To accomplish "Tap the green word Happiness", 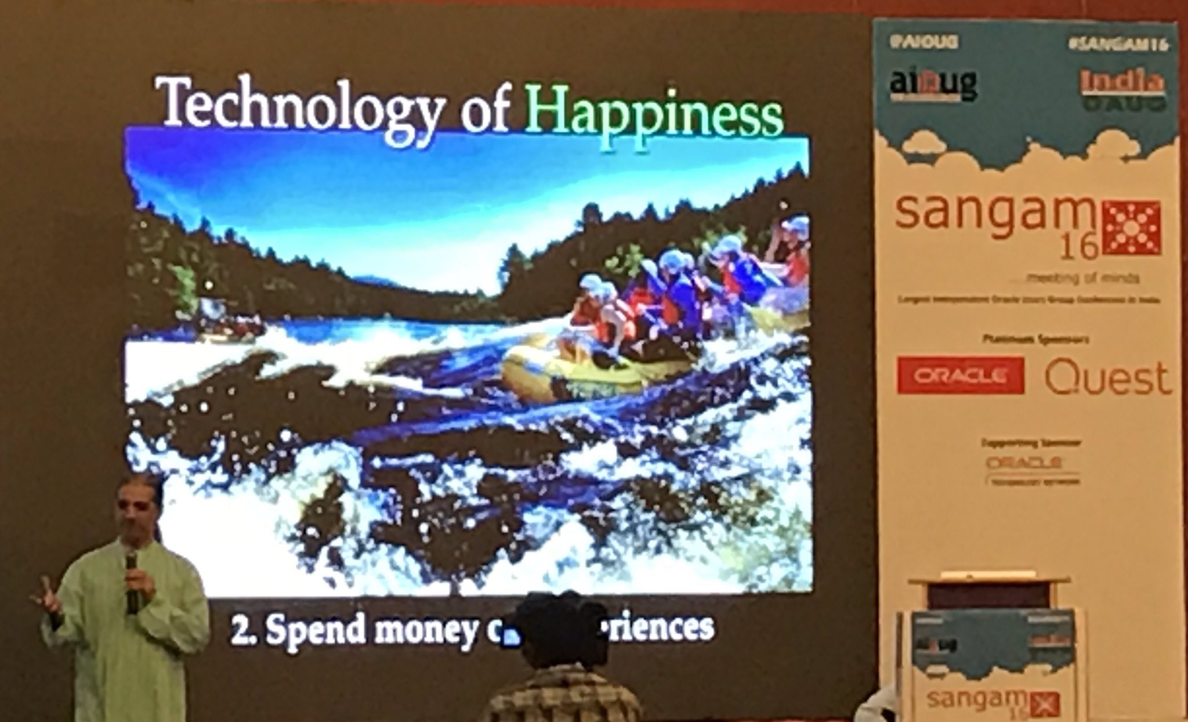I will click(655, 116).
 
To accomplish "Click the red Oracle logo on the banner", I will click(960, 376).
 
